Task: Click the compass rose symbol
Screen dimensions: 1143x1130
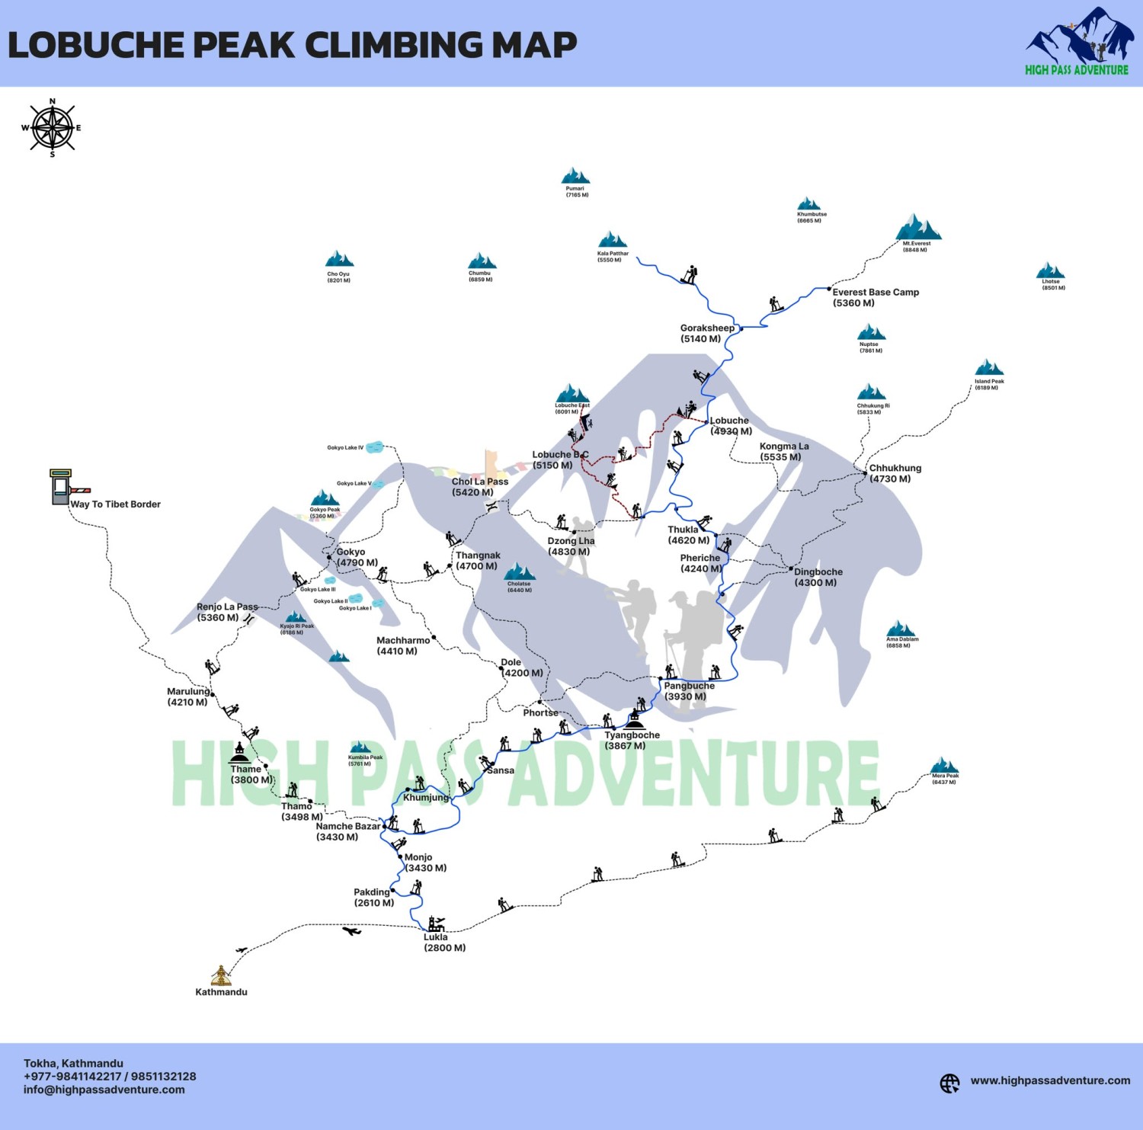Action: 52,127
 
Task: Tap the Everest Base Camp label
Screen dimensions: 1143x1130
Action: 875,297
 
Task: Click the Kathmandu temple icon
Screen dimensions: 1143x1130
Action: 221,975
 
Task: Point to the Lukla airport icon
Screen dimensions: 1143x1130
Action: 436,924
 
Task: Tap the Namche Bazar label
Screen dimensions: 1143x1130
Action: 347,831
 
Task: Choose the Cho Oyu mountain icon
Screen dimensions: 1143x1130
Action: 339,259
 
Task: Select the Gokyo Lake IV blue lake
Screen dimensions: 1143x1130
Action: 374,448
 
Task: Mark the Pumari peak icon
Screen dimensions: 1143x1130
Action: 575,176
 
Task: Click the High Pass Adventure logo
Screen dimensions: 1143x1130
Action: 1077,42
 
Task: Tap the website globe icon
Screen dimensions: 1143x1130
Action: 949,1083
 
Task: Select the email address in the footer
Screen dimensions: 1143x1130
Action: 104,1090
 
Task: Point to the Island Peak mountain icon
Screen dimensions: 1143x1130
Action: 989,367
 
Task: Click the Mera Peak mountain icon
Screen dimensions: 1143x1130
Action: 944,765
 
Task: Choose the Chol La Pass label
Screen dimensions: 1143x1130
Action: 479,487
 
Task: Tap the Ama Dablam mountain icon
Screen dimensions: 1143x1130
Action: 901,629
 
